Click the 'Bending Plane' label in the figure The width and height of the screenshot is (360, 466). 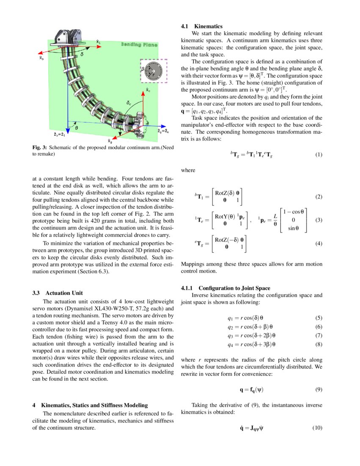click(139, 44)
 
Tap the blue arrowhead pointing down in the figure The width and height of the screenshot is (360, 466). click(68, 129)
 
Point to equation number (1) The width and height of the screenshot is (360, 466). click(319, 155)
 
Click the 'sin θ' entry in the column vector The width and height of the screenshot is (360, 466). click(294, 229)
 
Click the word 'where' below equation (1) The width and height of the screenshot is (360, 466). click(188, 170)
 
